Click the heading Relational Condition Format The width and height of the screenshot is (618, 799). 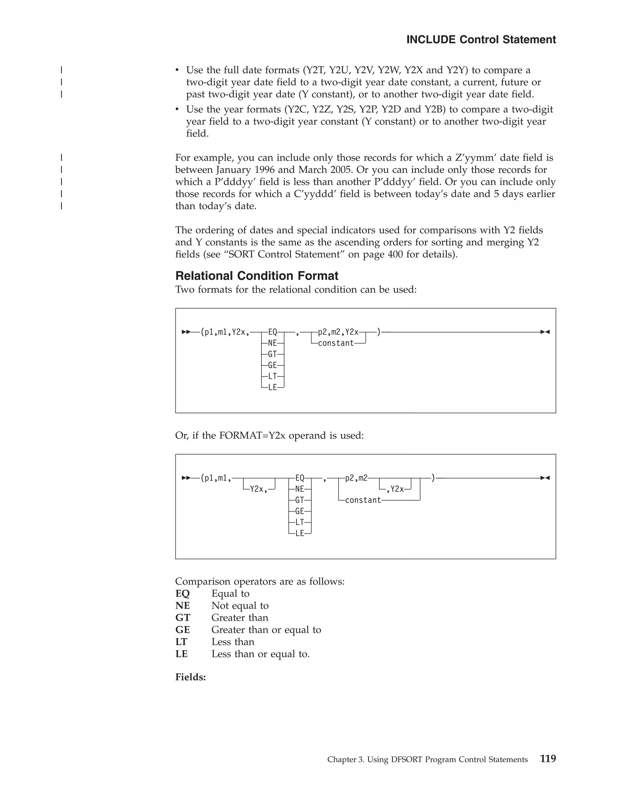pos(257,276)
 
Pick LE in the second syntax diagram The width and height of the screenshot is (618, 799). pos(299,533)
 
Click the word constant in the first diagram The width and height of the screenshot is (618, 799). pos(336,343)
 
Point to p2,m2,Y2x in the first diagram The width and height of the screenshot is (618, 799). pos(338,332)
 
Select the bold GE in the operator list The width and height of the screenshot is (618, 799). pos(182,630)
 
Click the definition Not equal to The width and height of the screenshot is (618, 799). pos(240,605)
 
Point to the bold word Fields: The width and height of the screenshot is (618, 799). pos(190,677)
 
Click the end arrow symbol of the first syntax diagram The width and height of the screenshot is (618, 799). pos(545,332)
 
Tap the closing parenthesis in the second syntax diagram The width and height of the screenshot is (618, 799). pos(433,478)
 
